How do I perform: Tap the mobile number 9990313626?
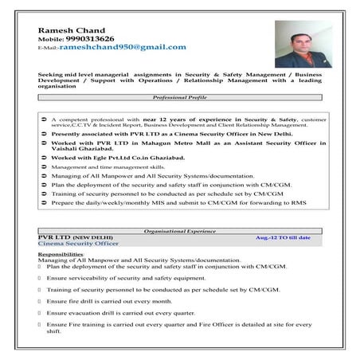(x=91, y=38)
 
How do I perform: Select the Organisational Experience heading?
(x=181, y=232)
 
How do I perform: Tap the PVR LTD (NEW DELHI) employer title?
(x=76, y=238)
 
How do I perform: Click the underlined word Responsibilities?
(x=61, y=254)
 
